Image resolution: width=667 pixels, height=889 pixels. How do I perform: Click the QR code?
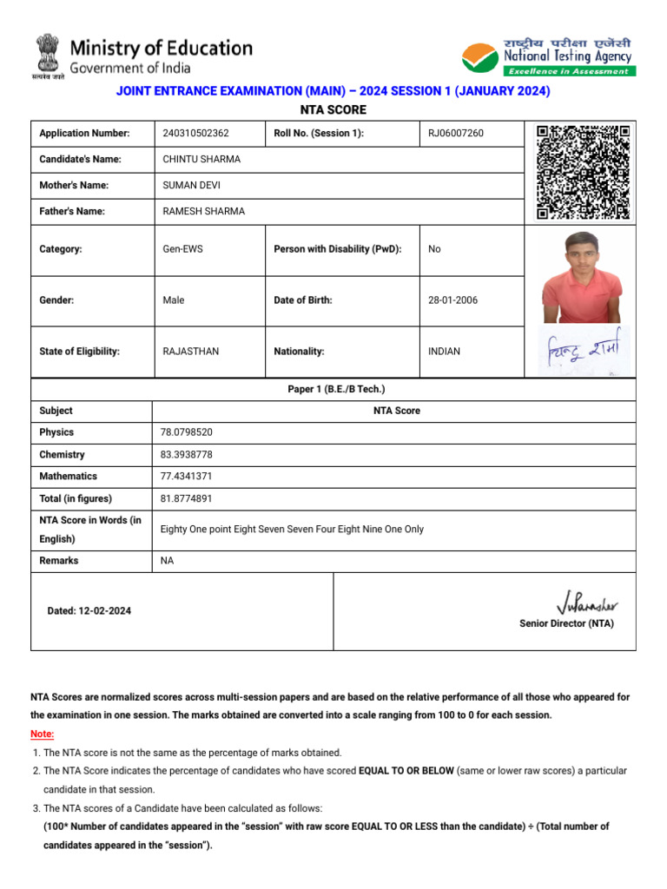click(x=583, y=171)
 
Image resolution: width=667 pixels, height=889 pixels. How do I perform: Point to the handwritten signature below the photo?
click(x=582, y=352)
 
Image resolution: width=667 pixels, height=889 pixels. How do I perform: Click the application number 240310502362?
click(x=196, y=133)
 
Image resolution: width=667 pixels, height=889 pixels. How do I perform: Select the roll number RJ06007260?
click(x=456, y=133)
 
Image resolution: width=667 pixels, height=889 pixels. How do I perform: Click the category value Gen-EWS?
click(x=182, y=249)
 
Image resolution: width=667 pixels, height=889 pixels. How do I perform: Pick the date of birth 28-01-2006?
click(x=452, y=300)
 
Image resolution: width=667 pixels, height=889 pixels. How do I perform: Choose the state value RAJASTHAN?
click(x=191, y=352)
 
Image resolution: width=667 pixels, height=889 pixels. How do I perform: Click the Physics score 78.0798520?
click(x=186, y=432)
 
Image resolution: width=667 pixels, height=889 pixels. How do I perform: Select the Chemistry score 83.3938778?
click(x=186, y=454)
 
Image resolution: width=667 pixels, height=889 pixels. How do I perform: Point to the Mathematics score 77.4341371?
click(x=186, y=477)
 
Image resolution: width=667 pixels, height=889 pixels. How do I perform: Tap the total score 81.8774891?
click(x=186, y=499)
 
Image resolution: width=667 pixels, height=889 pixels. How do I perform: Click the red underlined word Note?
click(x=42, y=734)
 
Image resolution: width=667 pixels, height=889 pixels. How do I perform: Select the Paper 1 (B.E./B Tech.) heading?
click(x=336, y=390)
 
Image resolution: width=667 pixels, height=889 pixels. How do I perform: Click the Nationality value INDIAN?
click(x=444, y=352)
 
